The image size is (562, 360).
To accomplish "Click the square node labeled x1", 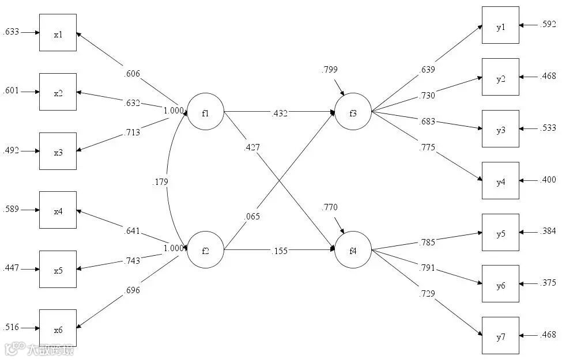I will click(58, 33).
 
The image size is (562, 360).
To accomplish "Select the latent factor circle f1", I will click(205, 112).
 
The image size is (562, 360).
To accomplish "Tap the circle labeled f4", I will click(353, 250).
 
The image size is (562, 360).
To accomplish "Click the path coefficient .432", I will click(280, 112).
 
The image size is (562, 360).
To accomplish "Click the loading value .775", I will click(427, 148).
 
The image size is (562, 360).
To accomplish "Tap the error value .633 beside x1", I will click(11, 32).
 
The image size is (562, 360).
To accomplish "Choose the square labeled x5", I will click(58, 269).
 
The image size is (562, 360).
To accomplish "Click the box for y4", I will click(500, 180).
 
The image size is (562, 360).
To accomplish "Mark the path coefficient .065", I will click(252, 217).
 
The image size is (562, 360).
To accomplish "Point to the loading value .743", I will click(132, 260).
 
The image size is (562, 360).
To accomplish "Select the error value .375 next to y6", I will click(548, 283).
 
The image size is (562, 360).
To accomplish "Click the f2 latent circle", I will click(205, 250).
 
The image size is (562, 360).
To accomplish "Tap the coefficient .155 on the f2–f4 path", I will click(279, 251).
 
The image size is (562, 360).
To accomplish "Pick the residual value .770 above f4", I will click(330, 207).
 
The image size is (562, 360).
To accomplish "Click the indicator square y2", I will click(500, 77).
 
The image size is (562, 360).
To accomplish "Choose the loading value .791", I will click(428, 268).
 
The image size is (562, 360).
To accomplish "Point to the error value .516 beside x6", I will click(11, 328).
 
